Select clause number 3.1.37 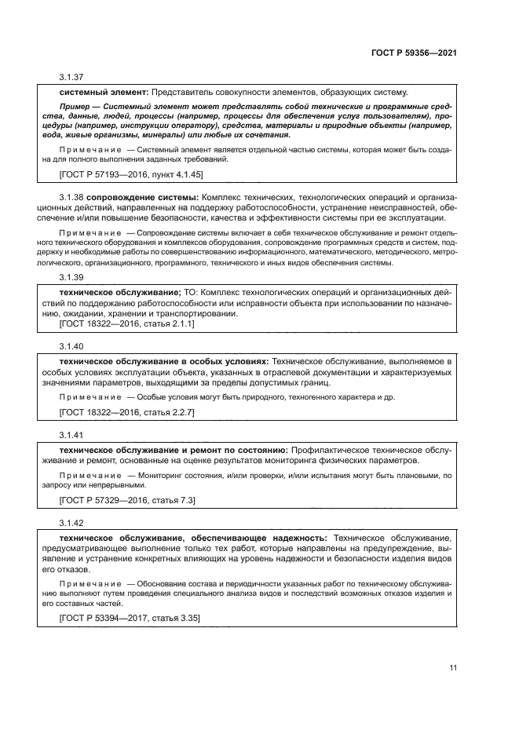point(71,78)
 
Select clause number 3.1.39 point(71,277)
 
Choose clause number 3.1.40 point(71,345)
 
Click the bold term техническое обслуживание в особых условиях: point(163,360)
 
